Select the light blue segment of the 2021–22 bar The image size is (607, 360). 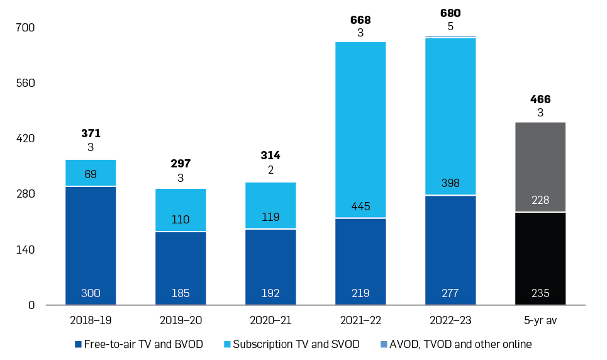(360, 126)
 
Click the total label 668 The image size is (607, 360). (360, 20)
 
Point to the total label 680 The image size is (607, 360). (450, 14)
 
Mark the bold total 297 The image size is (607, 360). (181, 164)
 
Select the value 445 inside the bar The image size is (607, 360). (360, 206)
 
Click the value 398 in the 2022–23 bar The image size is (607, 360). (450, 183)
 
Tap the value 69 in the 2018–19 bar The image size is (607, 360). (91, 174)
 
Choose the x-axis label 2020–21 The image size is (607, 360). (270, 320)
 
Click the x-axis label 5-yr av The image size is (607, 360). (540, 320)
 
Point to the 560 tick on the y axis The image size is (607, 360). (26, 83)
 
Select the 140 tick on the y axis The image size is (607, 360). (26, 250)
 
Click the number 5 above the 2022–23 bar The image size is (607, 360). (450, 26)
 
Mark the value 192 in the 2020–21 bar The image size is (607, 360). (270, 293)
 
